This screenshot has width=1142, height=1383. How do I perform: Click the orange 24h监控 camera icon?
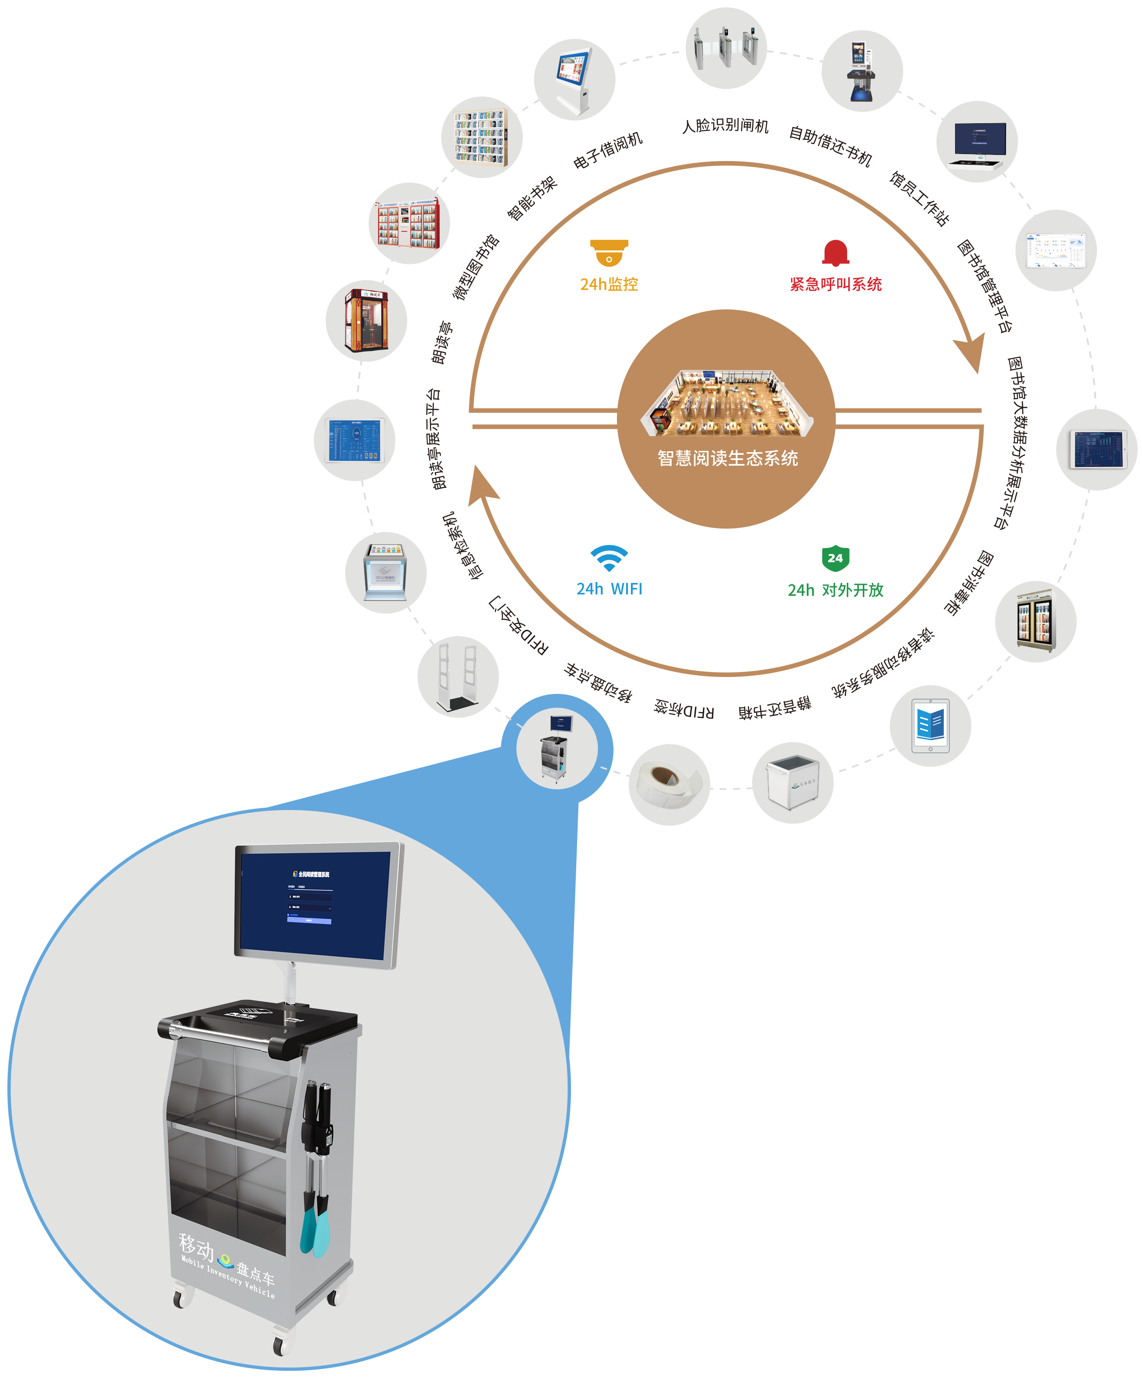tap(609, 253)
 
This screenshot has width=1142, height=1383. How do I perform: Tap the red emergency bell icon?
tap(835, 253)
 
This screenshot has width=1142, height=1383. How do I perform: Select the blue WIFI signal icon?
tap(609, 558)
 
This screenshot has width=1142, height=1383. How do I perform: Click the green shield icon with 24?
tap(835, 558)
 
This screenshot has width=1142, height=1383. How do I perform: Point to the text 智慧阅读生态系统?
tap(728, 458)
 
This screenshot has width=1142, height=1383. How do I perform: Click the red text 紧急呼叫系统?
tap(835, 284)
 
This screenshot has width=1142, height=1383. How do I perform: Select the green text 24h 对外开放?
tap(835, 590)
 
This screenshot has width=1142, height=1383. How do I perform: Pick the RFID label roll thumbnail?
tap(669, 783)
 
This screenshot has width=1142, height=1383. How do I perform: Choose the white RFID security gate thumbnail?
tap(459, 677)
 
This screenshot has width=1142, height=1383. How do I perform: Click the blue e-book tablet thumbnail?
tap(930, 726)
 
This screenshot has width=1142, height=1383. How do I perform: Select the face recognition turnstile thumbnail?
tap(726, 47)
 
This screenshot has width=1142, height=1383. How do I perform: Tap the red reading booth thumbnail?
tap(366, 321)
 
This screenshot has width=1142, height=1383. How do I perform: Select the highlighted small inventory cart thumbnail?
tap(557, 749)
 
